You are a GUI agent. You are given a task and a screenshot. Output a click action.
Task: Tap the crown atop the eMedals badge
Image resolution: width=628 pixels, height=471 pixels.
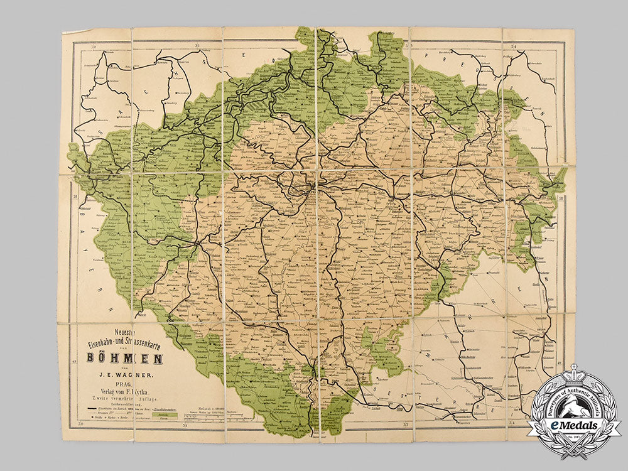[x=573, y=373]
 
